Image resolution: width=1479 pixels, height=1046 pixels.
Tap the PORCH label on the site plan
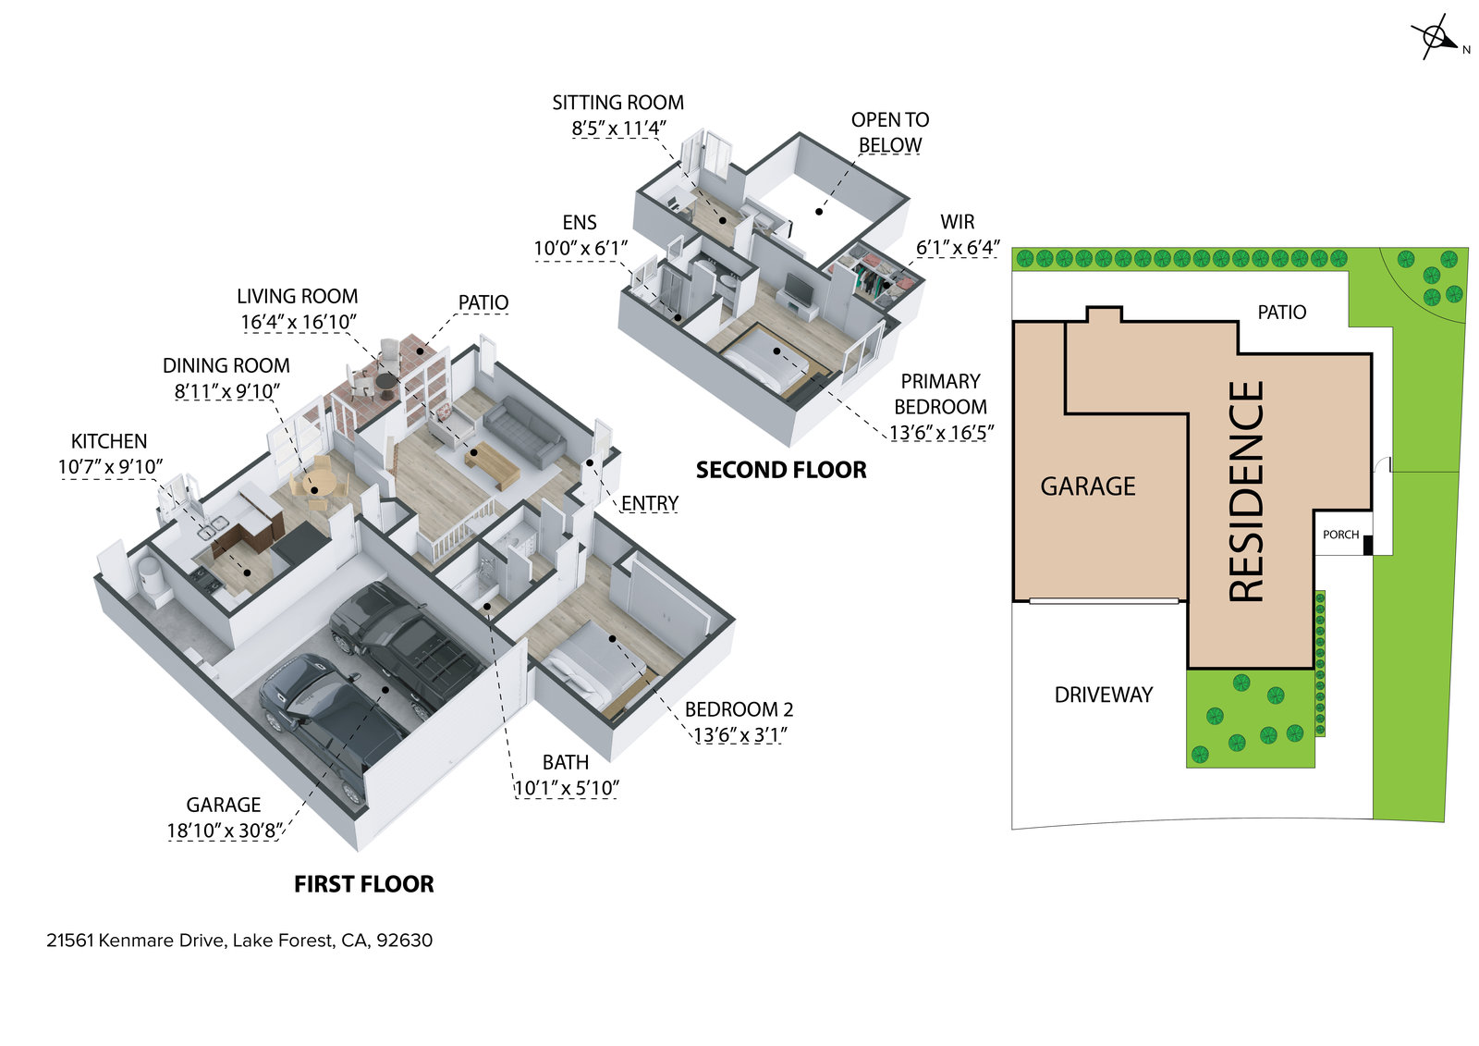(x=1340, y=535)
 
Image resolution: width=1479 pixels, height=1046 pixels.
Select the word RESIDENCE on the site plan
(x=1246, y=491)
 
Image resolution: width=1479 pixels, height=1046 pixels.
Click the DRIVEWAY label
(x=1104, y=695)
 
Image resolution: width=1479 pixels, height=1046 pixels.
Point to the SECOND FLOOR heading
(x=781, y=470)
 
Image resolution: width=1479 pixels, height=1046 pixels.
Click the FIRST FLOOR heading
(x=363, y=884)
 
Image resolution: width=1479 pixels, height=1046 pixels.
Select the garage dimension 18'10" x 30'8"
(x=224, y=831)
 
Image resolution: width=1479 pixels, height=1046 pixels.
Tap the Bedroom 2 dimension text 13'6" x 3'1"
(x=739, y=735)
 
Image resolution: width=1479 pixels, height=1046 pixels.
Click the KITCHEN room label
(x=109, y=441)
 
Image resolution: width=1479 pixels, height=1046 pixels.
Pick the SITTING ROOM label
(x=617, y=103)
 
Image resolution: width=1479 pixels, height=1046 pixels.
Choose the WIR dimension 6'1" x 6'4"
(x=958, y=248)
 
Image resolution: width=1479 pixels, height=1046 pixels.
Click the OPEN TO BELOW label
(x=890, y=132)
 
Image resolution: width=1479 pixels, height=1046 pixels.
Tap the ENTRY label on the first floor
(x=650, y=503)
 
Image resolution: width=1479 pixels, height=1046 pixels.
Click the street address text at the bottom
(x=239, y=941)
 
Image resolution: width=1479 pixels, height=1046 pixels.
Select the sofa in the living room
(x=523, y=431)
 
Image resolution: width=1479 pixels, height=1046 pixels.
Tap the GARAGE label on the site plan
(x=1087, y=486)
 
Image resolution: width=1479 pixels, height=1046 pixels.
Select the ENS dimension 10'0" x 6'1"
(x=581, y=248)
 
